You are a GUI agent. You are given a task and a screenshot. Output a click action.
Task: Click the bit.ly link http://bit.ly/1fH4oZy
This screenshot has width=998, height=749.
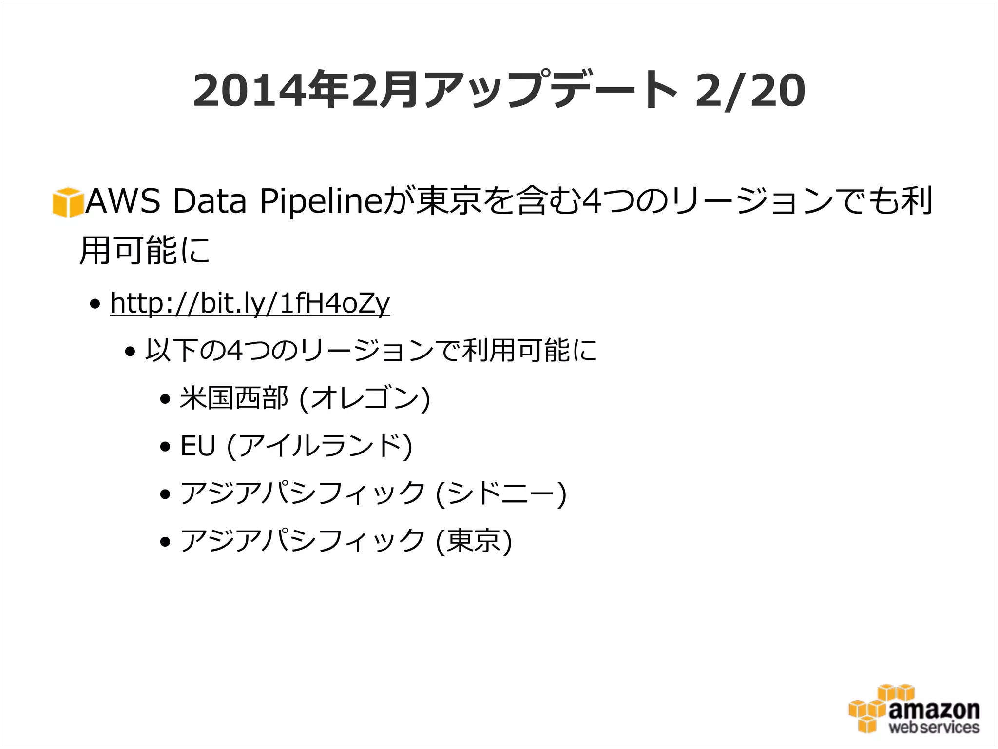(x=249, y=303)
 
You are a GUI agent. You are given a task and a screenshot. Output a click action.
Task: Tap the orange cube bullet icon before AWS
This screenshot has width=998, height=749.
(x=67, y=202)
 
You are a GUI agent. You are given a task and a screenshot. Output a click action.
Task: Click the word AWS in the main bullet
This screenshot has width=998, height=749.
(x=123, y=201)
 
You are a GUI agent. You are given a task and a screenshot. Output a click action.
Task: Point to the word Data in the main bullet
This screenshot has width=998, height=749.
(x=210, y=201)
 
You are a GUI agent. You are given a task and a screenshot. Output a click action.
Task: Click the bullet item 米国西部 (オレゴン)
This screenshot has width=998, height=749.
(x=305, y=398)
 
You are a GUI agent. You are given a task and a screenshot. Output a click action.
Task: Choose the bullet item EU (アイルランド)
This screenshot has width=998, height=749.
(x=296, y=446)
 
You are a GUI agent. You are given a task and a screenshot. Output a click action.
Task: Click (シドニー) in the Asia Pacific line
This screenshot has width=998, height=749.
(x=501, y=493)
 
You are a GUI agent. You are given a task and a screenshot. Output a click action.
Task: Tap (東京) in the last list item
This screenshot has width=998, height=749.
(x=474, y=541)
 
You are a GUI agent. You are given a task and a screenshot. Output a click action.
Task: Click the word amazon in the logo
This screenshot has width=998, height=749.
(x=934, y=710)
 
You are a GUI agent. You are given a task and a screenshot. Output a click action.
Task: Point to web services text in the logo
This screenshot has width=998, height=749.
(x=934, y=728)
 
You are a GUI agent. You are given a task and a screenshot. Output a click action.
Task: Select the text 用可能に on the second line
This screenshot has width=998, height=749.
(x=145, y=251)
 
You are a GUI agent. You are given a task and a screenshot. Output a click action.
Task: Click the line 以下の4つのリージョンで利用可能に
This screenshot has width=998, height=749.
(x=371, y=351)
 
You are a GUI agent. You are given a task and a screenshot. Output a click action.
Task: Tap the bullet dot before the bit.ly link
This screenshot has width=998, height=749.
(x=95, y=305)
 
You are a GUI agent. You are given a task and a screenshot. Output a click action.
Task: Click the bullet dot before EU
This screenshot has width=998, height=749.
(x=166, y=447)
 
